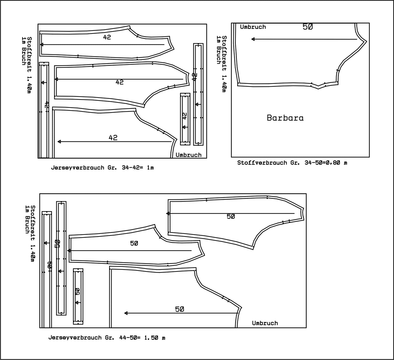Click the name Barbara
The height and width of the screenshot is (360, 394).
point(285,118)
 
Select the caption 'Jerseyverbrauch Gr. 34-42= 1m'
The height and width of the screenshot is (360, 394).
point(102,168)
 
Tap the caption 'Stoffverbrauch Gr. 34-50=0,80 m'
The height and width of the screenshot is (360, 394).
point(292,163)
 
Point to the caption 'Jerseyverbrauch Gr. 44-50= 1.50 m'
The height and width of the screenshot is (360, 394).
point(107,338)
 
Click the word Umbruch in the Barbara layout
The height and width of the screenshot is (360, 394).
point(253,27)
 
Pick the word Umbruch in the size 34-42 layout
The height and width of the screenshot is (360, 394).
point(188,155)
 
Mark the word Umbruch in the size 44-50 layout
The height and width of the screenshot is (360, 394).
point(265,323)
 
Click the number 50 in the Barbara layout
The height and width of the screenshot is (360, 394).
point(308,27)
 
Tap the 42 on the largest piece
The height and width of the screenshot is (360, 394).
point(113,138)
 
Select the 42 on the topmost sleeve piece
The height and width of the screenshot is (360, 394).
point(107,37)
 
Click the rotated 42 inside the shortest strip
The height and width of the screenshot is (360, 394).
point(185,116)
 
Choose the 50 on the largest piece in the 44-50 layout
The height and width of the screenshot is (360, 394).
point(179,309)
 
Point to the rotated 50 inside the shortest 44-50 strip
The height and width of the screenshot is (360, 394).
point(78,291)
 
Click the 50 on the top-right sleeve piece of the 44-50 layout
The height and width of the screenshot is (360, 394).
point(231,216)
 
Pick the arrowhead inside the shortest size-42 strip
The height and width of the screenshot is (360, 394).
point(184,127)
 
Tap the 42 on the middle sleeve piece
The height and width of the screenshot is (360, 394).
point(119,82)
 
